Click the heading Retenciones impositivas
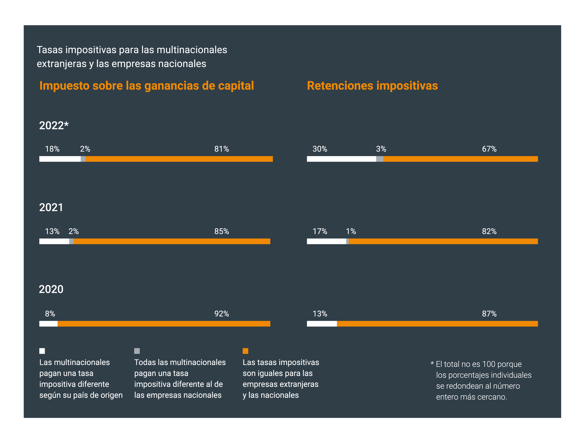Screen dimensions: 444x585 tap(372, 86)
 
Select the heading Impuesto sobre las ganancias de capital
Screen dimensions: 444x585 tap(147, 86)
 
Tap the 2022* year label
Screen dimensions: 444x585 tap(54, 126)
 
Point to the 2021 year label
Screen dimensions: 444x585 tap(51, 207)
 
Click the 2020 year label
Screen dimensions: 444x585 tap(51, 289)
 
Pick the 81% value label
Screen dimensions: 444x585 tap(221, 149)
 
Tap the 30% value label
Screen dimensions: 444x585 tap(320, 149)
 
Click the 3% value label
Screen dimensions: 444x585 tap(381, 149)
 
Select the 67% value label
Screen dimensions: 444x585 tap(489, 149)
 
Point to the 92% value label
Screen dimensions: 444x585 tap(221, 314)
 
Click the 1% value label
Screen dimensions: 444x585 tap(351, 232)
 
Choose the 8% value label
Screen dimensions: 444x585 tap(50, 314)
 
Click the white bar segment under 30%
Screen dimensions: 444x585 tap(341, 159)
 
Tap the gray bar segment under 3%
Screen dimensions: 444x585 tap(379, 159)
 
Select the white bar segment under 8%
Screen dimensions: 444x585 tap(48, 324)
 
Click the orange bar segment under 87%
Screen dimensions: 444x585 tap(437, 324)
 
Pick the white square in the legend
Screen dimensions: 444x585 tap(42, 351)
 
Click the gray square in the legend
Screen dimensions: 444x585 tap(137, 351)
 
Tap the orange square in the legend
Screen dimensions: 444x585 tap(246, 351)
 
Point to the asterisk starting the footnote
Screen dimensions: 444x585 tap(432, 363)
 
